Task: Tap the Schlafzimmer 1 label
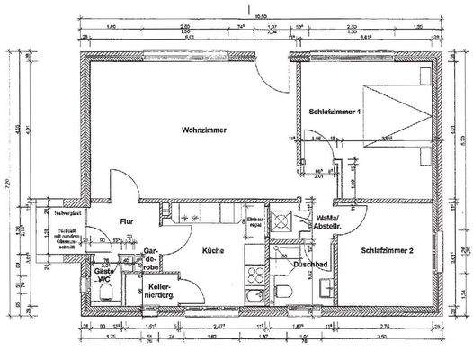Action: (x=335, y=112)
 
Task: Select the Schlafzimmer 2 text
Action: (x=387, y=249)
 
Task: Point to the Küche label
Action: (x=212, y=250)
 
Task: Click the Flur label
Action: (x=129, y=221)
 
